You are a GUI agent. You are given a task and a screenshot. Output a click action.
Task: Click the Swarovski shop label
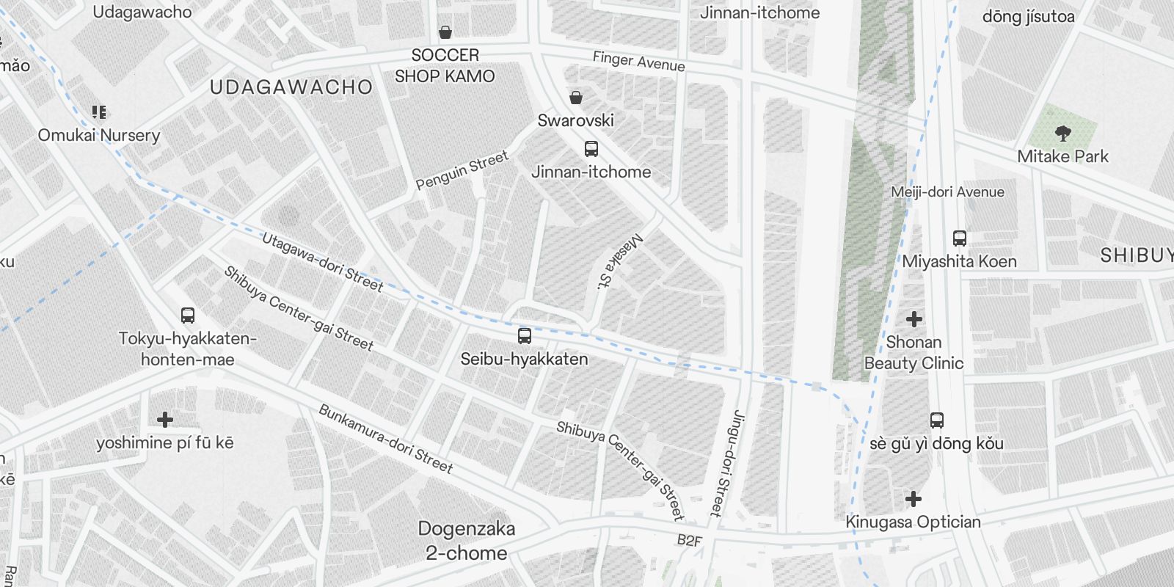[575, 120]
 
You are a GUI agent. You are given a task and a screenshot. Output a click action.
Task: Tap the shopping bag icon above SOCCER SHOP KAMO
[445, 32]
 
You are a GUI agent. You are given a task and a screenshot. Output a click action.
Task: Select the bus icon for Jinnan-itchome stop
[591, 150]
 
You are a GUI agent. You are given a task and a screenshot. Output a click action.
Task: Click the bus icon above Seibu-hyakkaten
[524, 336]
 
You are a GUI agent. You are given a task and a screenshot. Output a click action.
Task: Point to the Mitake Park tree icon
[1062, 134]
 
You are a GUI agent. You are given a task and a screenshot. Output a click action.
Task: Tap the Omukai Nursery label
[99, 136]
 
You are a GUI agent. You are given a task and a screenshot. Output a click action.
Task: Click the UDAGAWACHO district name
[291, 87]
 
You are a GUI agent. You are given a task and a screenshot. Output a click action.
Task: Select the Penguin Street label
[462, 170]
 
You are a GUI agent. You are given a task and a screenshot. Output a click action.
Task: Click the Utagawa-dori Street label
[322, 262]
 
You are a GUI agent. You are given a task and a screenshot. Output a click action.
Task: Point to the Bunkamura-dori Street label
[385, 438]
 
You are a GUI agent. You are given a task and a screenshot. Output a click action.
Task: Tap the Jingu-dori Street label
[726, 462]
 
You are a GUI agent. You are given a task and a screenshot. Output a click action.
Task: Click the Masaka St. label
[619, 262]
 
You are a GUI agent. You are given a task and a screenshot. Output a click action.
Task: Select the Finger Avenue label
[638, 62]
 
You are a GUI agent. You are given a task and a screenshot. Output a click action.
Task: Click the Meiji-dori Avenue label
[947, 192]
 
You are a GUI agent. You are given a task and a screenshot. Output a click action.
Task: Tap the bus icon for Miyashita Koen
[959, 238]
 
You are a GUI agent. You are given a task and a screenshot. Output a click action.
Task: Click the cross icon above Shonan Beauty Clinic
[914, 319]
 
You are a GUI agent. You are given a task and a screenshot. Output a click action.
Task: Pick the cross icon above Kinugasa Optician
[913, 500]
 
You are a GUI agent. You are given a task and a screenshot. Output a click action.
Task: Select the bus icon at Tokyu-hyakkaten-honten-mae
[188, 316]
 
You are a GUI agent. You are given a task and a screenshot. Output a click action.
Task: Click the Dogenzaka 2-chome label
[466, 541]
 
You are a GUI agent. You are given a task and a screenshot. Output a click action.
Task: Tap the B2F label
[689, 542]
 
